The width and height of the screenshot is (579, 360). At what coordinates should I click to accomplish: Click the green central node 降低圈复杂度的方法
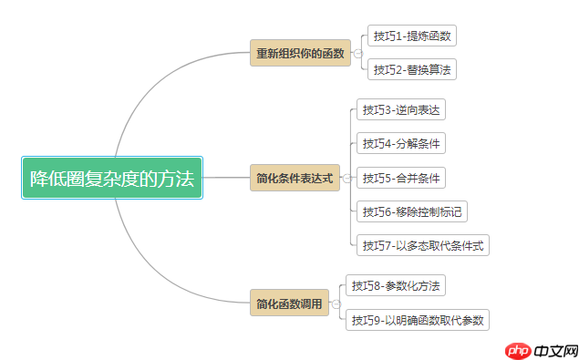[112, 179]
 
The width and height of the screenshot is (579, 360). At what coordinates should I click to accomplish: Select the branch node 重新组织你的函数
[301, 53]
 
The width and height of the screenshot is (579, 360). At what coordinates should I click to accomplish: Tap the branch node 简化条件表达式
[295, 178]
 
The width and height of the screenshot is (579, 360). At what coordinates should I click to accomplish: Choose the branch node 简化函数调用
[289, 303]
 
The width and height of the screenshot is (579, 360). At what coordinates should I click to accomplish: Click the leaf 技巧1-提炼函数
[410, 36]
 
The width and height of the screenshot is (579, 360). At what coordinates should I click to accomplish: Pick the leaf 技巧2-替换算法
[410, 69]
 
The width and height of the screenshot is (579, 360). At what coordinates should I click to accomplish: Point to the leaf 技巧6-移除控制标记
[412, 211]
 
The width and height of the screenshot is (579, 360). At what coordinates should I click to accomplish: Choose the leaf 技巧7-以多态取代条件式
[423, 245]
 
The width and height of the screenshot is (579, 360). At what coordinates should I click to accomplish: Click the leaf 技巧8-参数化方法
[396, 286]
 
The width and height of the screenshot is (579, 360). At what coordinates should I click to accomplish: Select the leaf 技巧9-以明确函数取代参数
[418, 320]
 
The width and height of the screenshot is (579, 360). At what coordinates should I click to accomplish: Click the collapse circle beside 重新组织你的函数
[357, 53]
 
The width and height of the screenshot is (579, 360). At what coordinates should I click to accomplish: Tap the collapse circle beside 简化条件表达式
[346, 178]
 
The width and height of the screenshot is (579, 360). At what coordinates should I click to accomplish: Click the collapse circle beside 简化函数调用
[335, 303]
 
